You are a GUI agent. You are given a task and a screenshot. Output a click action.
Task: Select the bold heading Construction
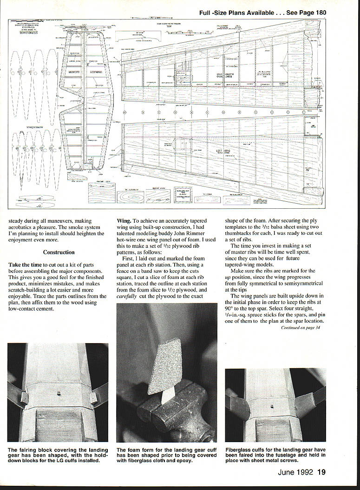click(59, 252)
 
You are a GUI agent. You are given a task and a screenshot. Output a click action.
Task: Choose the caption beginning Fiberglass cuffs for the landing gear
click(275, 455)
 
